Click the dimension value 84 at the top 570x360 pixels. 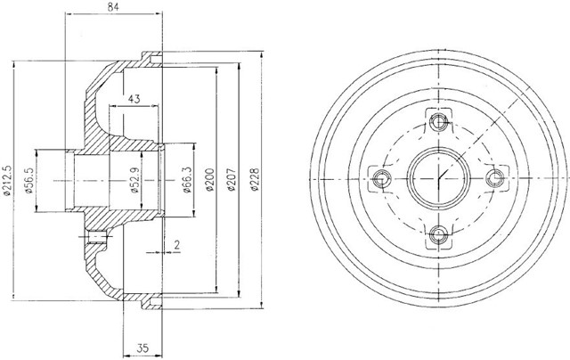point(114,7)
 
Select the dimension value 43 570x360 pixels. point(134,99)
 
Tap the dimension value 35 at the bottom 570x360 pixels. point(143,348)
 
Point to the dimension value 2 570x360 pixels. point(176,245)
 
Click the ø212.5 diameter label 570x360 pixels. point(8,180)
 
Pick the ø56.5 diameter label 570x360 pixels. point(29,180)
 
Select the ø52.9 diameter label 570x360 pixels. point(134,180)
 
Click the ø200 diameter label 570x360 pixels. point(209,180)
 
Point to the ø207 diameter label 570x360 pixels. point(232,180)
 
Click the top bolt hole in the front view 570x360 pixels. point(439,122)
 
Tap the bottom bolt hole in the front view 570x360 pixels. point(439,235)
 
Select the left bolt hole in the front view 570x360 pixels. point(382,178)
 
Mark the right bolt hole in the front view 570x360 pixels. point(495,178)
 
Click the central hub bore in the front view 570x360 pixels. point(439,178)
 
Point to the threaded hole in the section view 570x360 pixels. point(97,237)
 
